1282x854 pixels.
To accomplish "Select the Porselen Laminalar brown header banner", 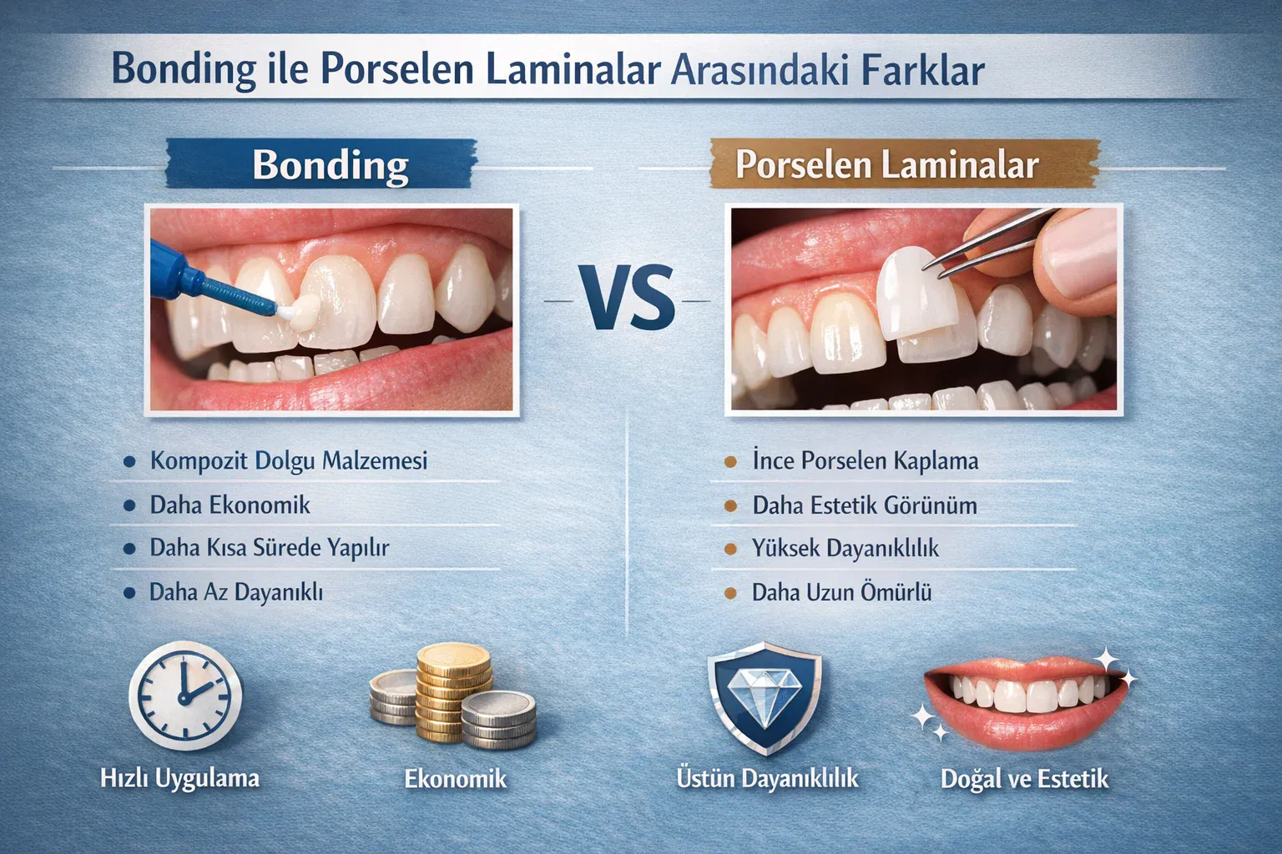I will click(886, 164).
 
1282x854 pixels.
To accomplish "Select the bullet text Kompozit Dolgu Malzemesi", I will click(288, 460).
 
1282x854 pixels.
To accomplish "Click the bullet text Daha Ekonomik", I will click(230, 505).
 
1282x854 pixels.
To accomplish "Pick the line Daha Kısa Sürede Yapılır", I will click(269, 548).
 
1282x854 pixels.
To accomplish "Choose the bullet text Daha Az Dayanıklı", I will click(235, 592).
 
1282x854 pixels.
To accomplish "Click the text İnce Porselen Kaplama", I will click(865, 460).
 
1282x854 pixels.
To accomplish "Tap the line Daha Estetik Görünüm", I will click(864, 505).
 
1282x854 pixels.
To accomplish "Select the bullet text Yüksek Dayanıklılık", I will click(845, 548).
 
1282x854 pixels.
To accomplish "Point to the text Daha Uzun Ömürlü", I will click(841, 592).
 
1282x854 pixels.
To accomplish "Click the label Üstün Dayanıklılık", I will click(767, 778).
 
